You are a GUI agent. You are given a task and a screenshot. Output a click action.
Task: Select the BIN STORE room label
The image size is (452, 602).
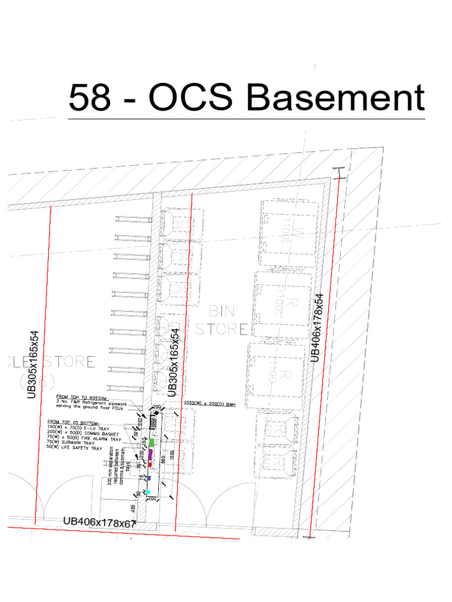pyautogui.click(x=221, y=320)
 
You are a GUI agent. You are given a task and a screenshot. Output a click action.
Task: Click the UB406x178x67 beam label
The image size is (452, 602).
pyautogui.click(x=99, y=521)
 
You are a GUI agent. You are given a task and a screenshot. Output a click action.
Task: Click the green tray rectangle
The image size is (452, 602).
pyautogui.click(x=151, y=442)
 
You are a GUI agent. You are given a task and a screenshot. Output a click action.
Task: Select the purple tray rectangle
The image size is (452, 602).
pyautogui.click(x=151, y=454)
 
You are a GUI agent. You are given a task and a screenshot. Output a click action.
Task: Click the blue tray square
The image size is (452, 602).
pyautogui.click(x=149, y=478)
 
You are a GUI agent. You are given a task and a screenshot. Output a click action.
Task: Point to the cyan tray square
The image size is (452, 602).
pyautogui.click(x=148, y=492)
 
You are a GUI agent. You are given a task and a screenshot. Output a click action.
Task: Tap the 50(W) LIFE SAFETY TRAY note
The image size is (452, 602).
pyautogui.click(x=74, y=449)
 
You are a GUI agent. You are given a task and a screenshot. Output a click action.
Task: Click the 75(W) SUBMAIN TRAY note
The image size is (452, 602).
pyautogui.click(x=71, y=444)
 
